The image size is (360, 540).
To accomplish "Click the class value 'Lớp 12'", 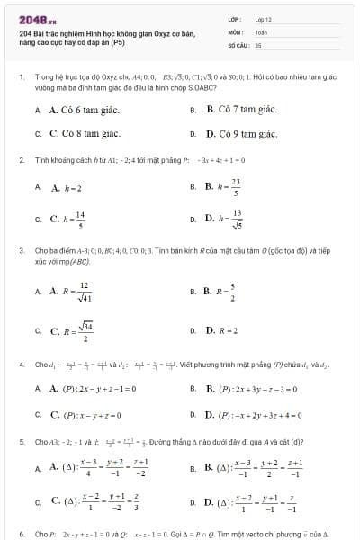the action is [x=263, y=19].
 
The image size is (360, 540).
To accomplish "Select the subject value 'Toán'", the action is [x=261, y=31].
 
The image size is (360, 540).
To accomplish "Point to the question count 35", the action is [x=258, y=43].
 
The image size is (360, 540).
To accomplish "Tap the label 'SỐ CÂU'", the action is [x=237, y=43].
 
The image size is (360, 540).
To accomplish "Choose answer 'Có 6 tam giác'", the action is [x=85, y=110].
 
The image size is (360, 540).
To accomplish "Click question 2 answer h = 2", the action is [x=67, y=188].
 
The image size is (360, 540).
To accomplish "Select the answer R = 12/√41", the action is [x=73, y=292].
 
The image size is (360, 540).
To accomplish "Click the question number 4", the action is [x=21, y=364].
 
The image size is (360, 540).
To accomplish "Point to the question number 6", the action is [x=21, y=533].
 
